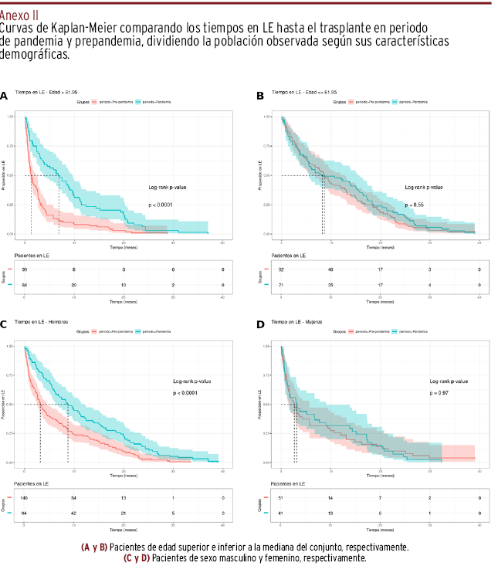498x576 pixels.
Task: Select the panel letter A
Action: tap(5, 97)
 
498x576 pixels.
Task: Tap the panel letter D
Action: tap(260, 324)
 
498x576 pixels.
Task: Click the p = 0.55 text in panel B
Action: tap(415, 205)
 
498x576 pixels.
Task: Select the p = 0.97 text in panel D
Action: tap(439, 393)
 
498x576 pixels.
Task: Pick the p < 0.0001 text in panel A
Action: tap(161, 205)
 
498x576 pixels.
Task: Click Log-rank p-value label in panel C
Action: tap(192, 381)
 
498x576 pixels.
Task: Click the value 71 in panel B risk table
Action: tap(282, 285)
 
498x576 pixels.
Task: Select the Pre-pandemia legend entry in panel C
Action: tap(110, 331)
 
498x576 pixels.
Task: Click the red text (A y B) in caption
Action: tap(94, 547)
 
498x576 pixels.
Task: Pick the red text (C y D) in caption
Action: tap(137, 557)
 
